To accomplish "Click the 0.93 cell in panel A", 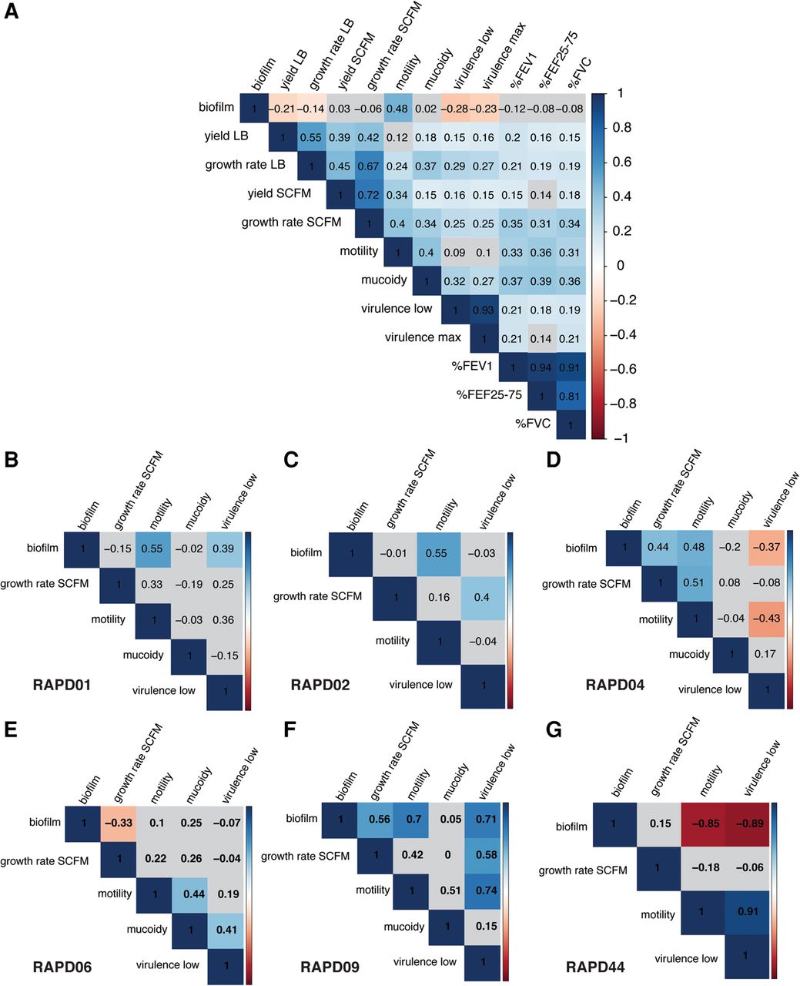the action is tap(484, 310).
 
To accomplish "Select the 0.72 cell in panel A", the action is tap(369, 195).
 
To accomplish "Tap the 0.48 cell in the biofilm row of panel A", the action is tap(397, 109).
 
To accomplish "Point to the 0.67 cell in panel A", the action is tap(369, 166).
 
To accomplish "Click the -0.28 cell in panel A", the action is tap(455, 109).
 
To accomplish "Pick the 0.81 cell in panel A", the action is tap(570, 396).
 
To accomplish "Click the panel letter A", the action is tap(11, 11).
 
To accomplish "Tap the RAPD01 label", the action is tap(62, 685).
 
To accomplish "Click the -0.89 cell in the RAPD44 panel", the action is tap(749, 823).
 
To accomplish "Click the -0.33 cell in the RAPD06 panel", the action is tap(119, 823).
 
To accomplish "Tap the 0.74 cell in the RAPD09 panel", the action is tap(486, 890).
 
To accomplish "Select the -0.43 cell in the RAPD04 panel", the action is tap(766, 618).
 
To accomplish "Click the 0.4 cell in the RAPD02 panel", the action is tap(482, 597).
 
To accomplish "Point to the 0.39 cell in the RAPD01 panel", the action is tap(223, 548).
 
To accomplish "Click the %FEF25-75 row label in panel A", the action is tap(489, 395).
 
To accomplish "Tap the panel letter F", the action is tap(290, 730).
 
